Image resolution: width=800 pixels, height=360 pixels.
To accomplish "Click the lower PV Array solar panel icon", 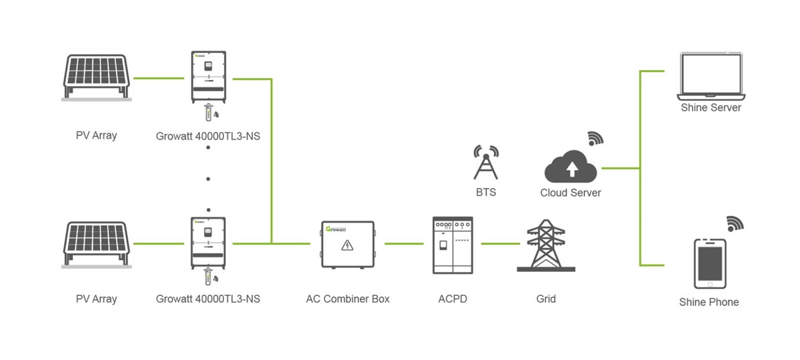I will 96,244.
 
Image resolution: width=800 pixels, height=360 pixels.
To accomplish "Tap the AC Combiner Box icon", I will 347,244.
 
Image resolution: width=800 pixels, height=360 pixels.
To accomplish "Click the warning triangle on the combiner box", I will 347,246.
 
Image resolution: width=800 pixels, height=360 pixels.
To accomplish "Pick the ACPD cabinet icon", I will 453,245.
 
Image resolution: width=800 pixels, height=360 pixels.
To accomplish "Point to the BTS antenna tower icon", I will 485,162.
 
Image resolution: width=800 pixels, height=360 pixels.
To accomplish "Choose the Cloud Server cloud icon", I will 571,167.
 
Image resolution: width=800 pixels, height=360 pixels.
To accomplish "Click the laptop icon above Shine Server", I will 711,76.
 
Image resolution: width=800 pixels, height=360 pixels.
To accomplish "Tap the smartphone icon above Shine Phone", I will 709,263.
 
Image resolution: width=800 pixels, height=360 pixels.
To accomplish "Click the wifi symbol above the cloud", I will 595,138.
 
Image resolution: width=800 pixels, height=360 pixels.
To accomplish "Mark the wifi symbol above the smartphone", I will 734,223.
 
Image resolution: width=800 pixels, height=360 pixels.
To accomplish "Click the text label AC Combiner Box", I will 347,299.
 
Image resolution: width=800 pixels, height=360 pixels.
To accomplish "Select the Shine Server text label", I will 711,107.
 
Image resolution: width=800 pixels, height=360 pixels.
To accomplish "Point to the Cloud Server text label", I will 571,193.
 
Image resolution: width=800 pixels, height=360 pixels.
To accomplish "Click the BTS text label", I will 485,193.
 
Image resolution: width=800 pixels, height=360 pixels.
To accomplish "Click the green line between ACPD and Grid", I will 499,244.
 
